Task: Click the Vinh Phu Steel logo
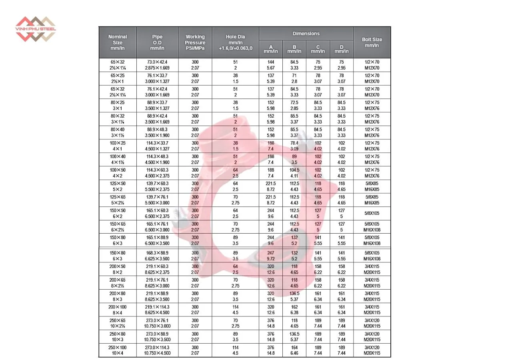36,29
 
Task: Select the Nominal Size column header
118,42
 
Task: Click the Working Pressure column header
195,42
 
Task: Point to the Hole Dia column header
235,42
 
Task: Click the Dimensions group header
306,34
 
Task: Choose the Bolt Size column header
372,42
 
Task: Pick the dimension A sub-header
271,49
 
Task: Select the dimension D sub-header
342,49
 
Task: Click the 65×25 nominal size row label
118,78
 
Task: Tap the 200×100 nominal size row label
118,310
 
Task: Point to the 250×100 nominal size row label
118,350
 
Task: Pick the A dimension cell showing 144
271,65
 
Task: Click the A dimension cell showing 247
271,256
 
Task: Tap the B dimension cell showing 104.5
294,173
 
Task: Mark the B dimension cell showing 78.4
294,146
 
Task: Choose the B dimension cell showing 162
294,310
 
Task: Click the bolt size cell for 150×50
372,214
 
